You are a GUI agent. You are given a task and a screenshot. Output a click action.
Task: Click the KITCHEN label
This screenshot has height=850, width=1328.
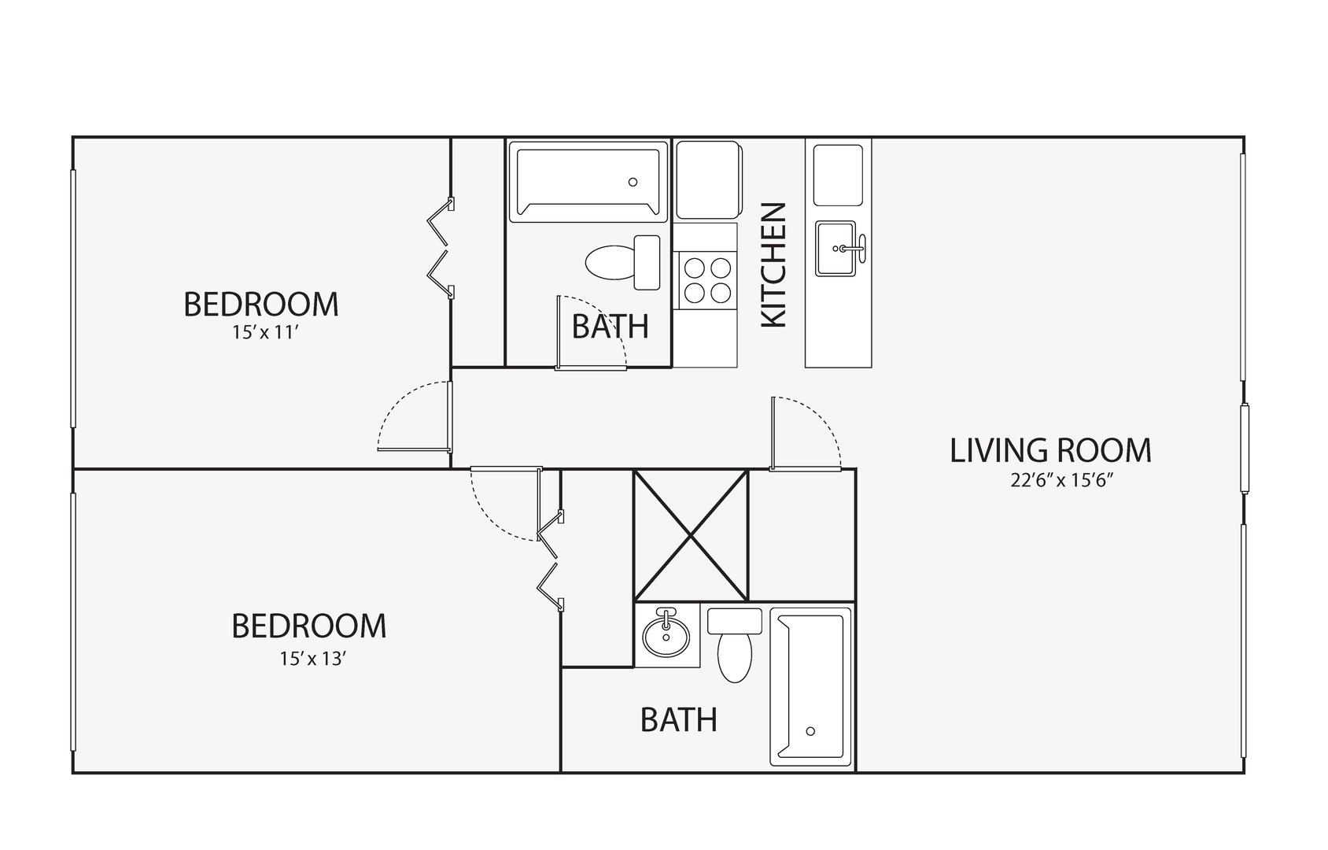coord(773,264)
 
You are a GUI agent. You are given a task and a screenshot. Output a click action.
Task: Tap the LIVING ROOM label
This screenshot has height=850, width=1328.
coord(1050,451)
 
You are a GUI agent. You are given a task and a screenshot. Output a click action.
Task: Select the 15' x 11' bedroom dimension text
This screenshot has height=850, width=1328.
coord(264,332)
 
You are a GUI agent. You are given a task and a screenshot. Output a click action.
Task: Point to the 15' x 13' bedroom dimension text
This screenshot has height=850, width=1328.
coord(313,659)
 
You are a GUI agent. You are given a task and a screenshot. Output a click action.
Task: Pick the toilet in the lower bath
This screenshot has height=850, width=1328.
coord(735,644)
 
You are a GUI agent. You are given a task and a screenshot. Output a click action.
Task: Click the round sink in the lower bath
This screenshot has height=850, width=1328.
coord(666,634)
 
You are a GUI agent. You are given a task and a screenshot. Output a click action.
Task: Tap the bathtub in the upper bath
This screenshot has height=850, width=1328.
coord(588,182)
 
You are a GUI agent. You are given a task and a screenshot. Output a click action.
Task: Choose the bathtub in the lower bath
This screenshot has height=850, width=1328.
coord(811,686)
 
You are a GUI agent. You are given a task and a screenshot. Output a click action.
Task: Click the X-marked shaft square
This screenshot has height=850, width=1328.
coord(691,536)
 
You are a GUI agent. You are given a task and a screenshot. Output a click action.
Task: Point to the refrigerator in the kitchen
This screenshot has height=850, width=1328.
coord(708,179)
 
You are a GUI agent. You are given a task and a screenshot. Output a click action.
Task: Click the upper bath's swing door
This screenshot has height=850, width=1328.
coord(591,333)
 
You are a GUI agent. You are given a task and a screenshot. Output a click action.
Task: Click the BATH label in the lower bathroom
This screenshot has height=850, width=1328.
coord(679,719)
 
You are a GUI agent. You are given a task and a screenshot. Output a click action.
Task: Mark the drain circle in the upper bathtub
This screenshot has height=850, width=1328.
coord(633,182)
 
